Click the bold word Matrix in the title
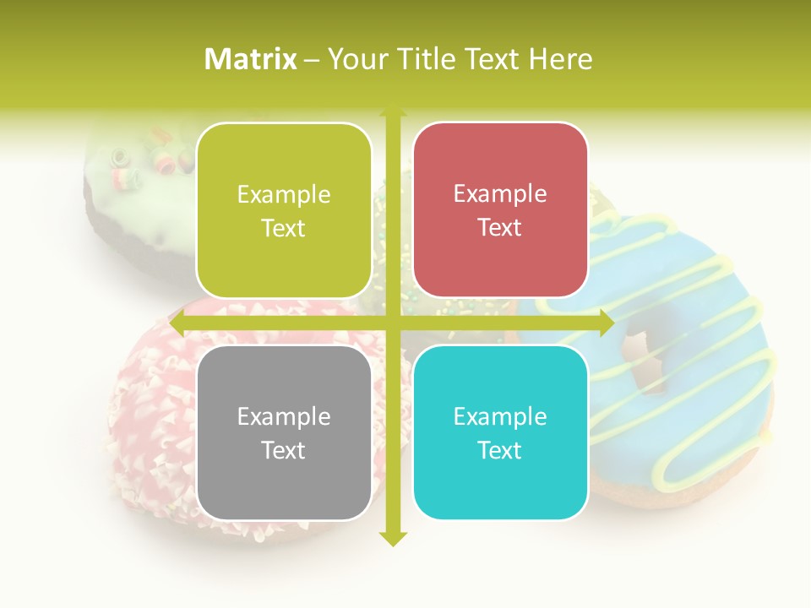(251, 59)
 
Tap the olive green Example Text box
(284, 210)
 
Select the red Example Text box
(500, 210)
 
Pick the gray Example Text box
(284, 432)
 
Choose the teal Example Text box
(500, 432)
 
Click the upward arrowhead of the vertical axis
(393, 112)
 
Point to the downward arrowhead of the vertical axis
(393, 539)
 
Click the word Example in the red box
(500, 194)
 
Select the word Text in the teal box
(500, 450)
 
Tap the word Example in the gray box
(284, 416)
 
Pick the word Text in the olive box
(284, 228)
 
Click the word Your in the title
(354, 59)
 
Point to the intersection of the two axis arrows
(393, 323)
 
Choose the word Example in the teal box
(500, 416)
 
